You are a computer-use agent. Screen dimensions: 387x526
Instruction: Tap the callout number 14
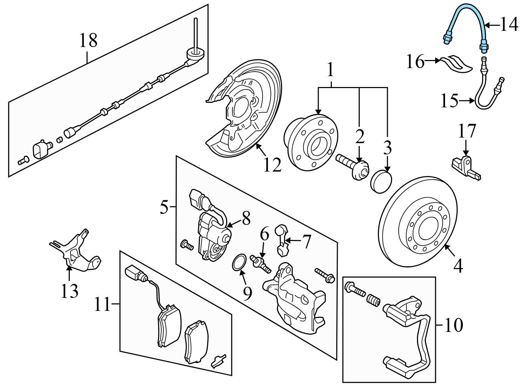tap(508, 25)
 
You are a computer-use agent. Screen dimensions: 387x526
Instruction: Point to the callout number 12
tap(272, 165)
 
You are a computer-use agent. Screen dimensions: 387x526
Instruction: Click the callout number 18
tap(88, 41)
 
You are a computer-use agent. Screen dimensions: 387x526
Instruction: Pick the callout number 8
tap(246, 219)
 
